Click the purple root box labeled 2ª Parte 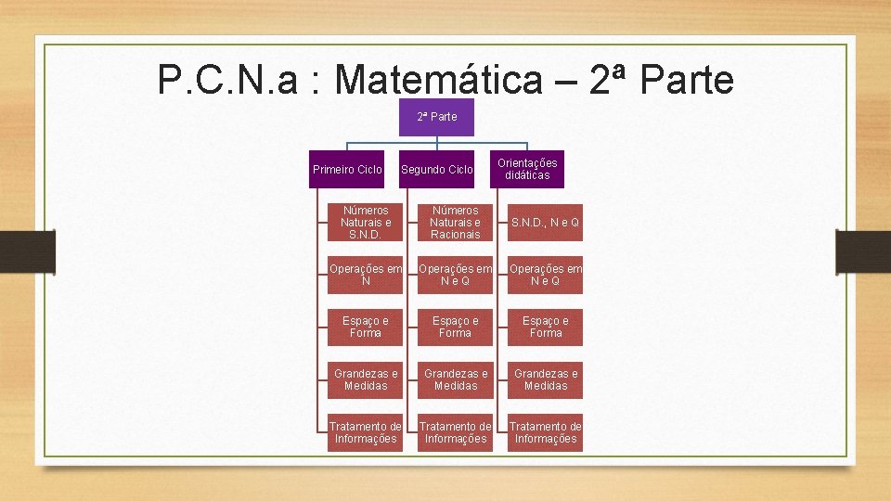(x=436, y=117)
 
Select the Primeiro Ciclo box (x=347, y=170)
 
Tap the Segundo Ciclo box (x=436, y=170)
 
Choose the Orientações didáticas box (x=527, y=169)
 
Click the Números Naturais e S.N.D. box (x=366, y=223)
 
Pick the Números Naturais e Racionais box (x=456, y=223)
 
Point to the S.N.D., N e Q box (x=546, y=223)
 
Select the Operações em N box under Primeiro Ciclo (x=366, y=275)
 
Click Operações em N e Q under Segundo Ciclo (x=456, y=275)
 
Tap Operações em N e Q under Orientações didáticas (x=546, y=275)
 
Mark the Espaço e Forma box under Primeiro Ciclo (x=366, y=327)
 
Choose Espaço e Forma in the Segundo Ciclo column (x=456, y=327)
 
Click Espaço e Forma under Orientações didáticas (x=546, y=327)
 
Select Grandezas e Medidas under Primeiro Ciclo (x=366, y=379)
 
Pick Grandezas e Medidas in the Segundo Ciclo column (x=456, y=379)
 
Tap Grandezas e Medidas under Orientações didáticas (x=546, y=379)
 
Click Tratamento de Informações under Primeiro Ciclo (x=366, y=432)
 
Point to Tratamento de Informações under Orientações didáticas (x=546, y=432)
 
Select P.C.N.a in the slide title (x=228, y=81)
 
